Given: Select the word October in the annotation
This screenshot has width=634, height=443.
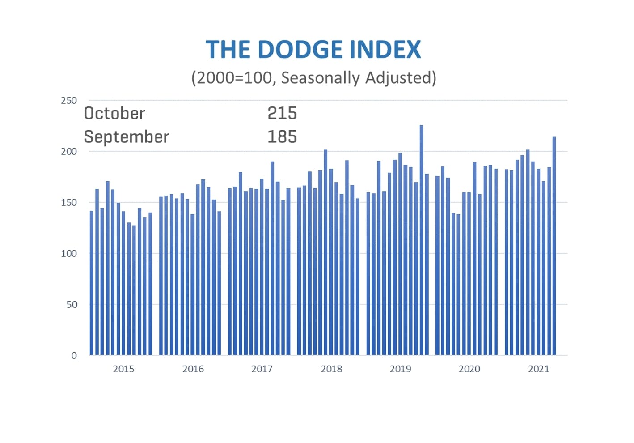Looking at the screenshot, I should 114,113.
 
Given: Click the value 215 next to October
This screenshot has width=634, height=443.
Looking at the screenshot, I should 282,113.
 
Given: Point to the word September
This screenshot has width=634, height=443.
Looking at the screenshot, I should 127,137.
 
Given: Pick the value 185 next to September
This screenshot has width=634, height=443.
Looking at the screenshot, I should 282,137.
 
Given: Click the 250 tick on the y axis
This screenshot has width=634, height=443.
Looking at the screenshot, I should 69,100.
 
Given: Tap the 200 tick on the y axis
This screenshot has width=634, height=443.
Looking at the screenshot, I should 69,151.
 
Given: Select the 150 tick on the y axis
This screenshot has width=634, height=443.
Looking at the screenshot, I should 69,202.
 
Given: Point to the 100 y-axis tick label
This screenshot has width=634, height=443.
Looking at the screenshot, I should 69,253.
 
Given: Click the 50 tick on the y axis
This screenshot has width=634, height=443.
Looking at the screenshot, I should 72,304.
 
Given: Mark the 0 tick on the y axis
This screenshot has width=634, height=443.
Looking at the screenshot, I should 74,355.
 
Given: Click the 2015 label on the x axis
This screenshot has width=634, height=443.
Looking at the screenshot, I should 123,369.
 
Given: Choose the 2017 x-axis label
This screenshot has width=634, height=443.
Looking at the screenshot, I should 262,369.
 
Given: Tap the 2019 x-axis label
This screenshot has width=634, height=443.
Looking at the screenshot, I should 400,369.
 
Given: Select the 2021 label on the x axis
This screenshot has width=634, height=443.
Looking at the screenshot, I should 538,369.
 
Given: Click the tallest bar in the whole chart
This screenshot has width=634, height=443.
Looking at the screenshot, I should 421,242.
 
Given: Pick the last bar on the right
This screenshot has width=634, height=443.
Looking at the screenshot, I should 554,246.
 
